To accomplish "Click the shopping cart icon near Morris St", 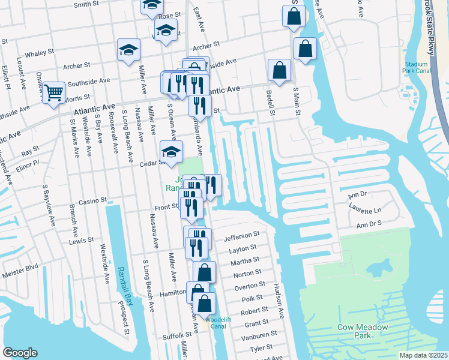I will click(x=54, y=92).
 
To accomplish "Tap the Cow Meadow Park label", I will click(x=362, y=331).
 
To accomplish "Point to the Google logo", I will click(x=20, y=353).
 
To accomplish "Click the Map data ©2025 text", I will click(x=423, y=355).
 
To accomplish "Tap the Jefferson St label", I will click(x=241, y=236).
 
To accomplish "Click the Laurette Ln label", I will click(x=365, y=209).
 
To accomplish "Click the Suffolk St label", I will click(x=164, y=335).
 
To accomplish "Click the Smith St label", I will click(x=86, y=4).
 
